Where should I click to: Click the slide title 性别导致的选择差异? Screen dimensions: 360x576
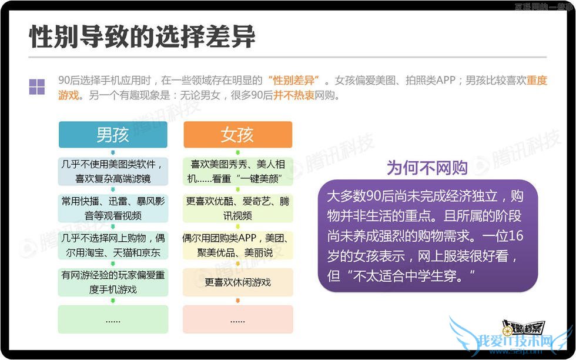point(142,37)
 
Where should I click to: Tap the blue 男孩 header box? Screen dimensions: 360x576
point(113,135)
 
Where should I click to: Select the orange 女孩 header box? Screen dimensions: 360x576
point(237,135)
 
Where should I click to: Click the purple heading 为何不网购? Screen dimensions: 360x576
point(427,168)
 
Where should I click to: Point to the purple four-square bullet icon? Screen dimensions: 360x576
point(37,86)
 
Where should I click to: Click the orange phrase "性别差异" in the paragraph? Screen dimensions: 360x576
point(293,80)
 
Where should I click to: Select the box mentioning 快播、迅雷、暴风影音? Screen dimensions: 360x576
point(113,208)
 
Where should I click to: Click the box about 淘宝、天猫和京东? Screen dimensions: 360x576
point(113,246)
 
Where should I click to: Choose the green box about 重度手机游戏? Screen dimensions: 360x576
point(113,282)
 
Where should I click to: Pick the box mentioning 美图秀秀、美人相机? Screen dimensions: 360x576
point(237,171)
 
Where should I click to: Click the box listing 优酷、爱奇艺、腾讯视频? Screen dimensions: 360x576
point(237,208)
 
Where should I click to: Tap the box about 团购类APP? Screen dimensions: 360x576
point(237,246)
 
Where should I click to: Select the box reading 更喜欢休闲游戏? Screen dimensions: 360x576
point(237,282)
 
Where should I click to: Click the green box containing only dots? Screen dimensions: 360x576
point(113,319)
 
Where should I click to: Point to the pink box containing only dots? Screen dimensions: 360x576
point(237,319)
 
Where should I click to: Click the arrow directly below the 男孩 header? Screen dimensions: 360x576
point(113,152)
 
